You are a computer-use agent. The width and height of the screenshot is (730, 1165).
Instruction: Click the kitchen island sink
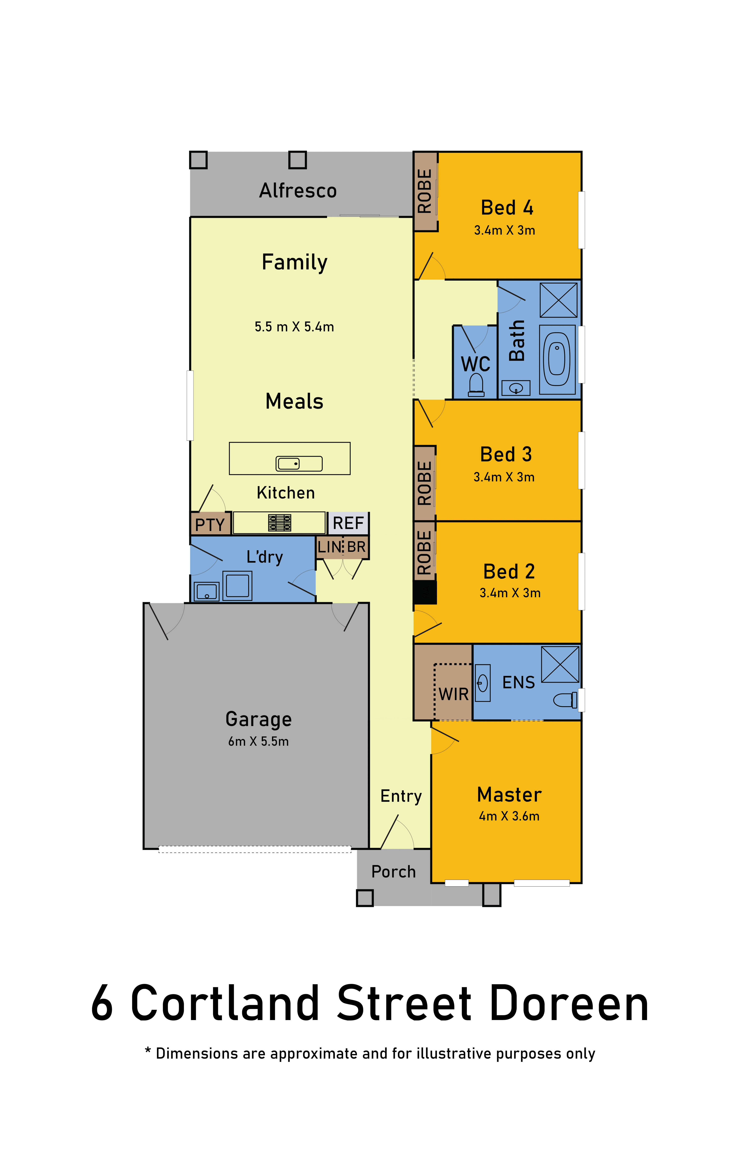point(299,463)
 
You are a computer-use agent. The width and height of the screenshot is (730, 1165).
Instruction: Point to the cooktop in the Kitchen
point(279,523)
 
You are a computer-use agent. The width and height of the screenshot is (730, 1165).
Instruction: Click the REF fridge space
point(348,523)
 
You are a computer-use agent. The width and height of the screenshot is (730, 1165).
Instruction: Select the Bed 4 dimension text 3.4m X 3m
point(505,230)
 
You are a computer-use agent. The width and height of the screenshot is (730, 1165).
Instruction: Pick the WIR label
point(453,694)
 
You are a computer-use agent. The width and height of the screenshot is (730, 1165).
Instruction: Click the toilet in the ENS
point(565,700)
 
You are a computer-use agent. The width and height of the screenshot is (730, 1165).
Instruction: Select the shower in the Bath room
point(559,300)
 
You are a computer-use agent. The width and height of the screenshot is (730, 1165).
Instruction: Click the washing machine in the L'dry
point(237,586)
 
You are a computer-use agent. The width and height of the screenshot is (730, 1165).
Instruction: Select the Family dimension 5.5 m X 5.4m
point(294,327)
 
